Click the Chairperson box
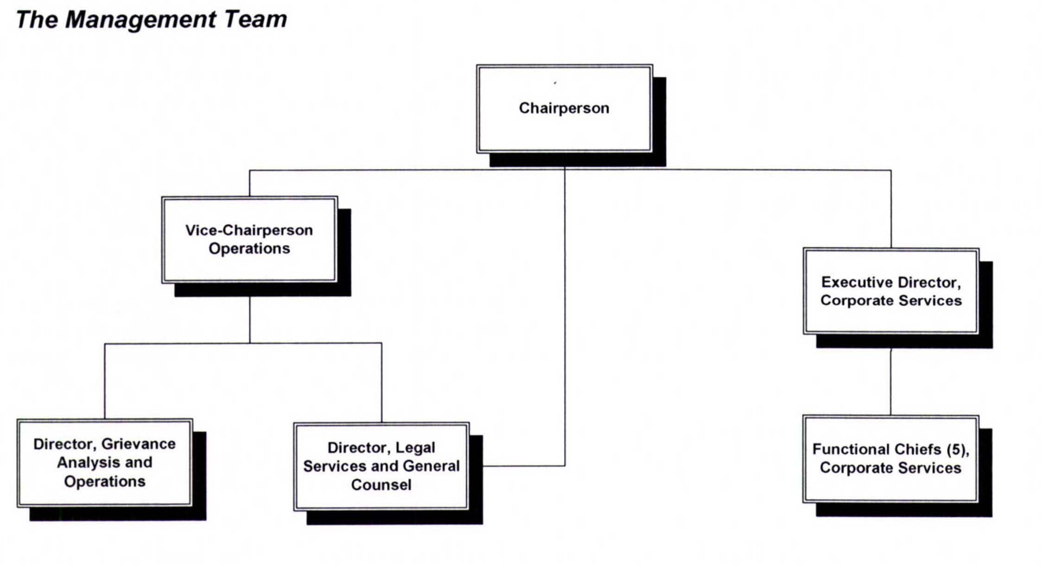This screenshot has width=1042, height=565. click(x=564, y=108)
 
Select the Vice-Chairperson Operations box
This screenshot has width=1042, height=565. click(x=249, y=240)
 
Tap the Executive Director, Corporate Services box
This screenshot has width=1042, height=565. click(x=890, y=291)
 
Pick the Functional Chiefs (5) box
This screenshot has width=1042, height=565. click(x=890, y=458)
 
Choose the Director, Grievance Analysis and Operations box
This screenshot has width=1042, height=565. click(x=105, y=462)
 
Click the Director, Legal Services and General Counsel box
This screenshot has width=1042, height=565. click(x=381, y=466)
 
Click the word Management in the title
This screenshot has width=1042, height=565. click(x=140, y=20)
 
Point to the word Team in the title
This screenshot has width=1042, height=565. click(x=255, y=20)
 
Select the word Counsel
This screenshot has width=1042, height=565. click(x=381, y=485)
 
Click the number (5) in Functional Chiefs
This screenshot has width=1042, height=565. click(x=956, y=449)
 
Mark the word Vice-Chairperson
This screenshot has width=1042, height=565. click(x=249, y=230)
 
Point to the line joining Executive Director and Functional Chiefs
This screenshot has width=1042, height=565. click(x=890, y=381)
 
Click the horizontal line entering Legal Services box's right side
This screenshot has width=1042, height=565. click(x=524, y=466)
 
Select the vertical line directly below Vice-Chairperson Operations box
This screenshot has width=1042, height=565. click(x=250, y=320)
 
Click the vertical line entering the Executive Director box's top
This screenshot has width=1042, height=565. click(x=891, y=209)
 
